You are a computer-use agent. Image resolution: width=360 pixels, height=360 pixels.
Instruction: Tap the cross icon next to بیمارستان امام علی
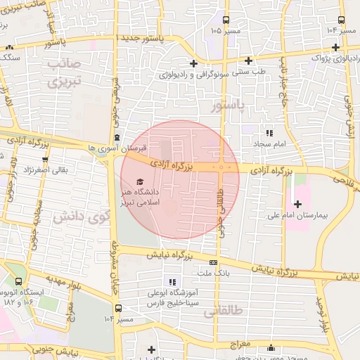pos(297,205)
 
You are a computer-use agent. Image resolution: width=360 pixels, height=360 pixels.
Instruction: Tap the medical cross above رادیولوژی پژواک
pos(337,47)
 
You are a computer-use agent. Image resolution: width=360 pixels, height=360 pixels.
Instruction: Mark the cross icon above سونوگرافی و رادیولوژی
pos(193,63)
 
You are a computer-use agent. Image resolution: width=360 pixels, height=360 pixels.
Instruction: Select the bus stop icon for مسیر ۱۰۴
pos(118,308)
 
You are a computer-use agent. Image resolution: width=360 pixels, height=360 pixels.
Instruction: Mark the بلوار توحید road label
pos(323,314)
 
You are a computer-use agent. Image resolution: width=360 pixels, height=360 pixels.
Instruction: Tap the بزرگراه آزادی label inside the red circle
pos(172,167)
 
